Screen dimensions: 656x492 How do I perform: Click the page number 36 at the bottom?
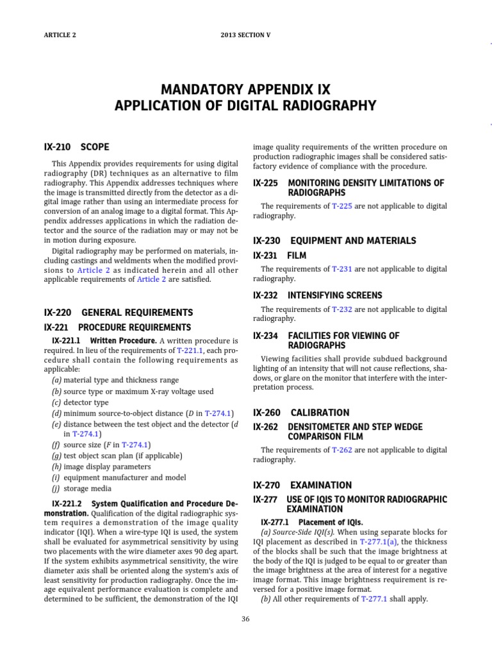pyautogui.click(x=246, y=618)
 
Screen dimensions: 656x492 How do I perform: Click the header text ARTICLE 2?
pyautogui.click(x=58, y=35)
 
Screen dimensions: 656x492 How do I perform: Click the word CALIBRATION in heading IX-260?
pyautogui.click(x=320, y=413)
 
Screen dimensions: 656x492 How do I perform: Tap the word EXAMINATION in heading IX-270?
pyautogui.click(x=322, y=485)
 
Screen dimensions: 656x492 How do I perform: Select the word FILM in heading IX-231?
pyautogui.click(x=297, y=255)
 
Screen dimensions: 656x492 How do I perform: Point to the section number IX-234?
pyautogui.click(x=265, y=336)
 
